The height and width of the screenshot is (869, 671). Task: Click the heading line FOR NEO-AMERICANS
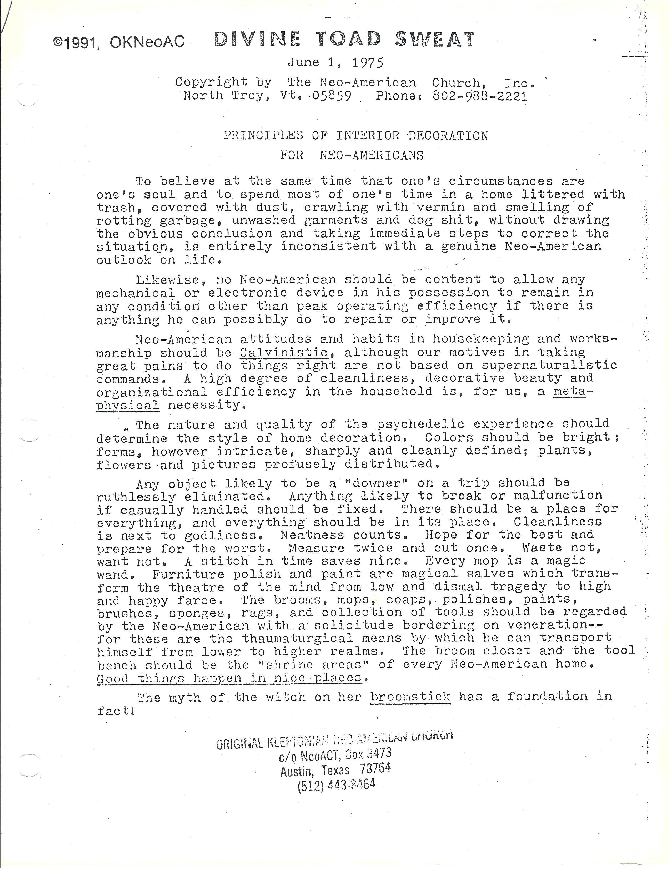(352, 155)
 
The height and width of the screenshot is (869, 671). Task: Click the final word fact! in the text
(116, 711)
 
